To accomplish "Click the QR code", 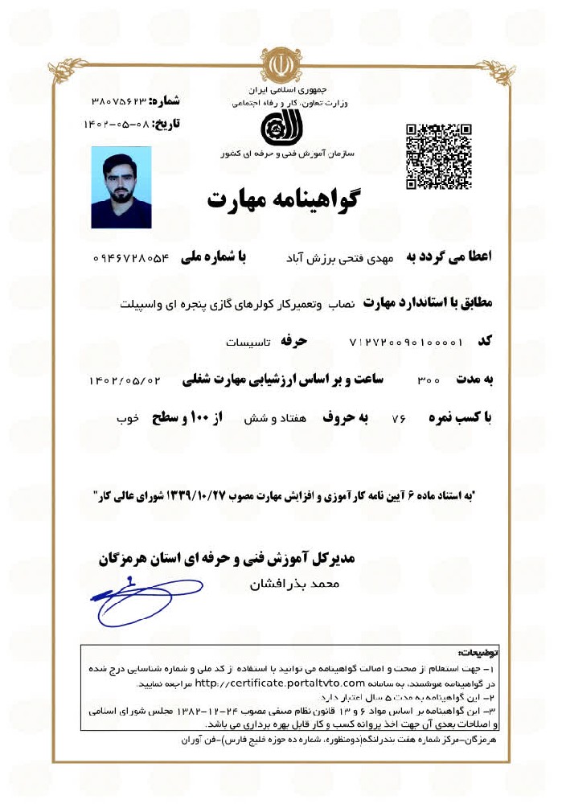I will tap(438, 156).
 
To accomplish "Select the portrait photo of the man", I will tap(121, 187).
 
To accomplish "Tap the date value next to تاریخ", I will tap(118, 125).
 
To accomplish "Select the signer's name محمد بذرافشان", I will tap(296, 584).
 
